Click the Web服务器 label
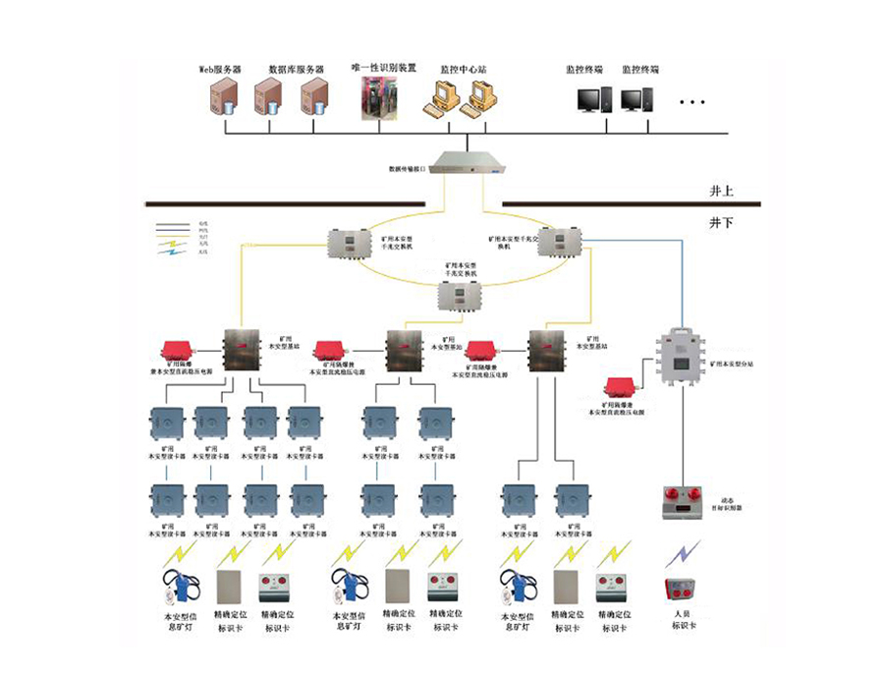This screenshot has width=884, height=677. (x=222, y=70)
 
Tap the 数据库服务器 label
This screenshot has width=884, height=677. (x=296, y=70)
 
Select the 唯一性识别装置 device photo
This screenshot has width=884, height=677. (x=384, y=97)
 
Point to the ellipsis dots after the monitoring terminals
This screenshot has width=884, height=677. (x=692, y=101)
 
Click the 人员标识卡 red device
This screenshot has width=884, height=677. (x=680, y=590)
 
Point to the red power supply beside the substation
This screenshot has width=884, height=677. (x=621, y=387)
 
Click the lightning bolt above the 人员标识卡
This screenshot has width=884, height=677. (x=680, y=554)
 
